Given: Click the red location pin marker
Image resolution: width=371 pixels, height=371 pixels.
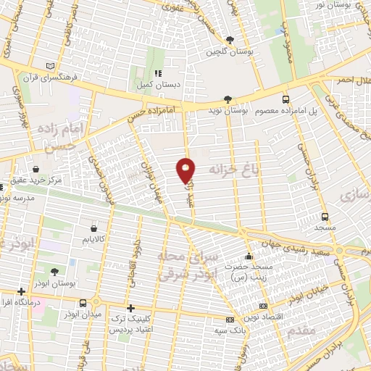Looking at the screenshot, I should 186,170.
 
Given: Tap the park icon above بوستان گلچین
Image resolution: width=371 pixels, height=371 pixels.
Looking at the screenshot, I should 230,41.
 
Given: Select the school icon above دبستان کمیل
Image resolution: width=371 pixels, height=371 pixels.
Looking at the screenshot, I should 159,74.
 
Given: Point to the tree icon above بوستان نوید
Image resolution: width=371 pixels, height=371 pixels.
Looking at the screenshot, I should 229,99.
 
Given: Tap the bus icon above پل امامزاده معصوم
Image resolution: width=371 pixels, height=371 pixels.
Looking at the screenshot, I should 285,99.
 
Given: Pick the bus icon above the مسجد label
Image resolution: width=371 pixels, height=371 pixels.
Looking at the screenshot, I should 324,217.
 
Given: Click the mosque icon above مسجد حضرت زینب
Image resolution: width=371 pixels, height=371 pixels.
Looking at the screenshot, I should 249,256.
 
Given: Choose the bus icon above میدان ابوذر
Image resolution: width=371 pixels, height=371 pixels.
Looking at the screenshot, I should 84,304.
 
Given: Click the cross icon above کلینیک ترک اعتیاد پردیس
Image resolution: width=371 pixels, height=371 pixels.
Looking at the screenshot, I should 130,308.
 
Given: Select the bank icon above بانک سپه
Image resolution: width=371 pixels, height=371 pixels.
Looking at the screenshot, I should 230,320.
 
